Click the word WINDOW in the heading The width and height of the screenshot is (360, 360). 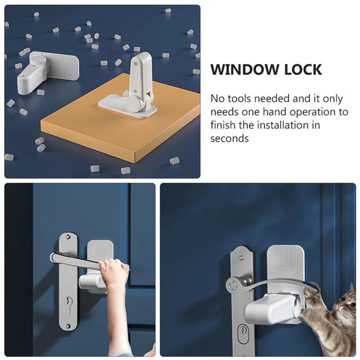pyautogui.click(x=245, y=70)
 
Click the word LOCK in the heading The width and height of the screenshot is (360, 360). pyautogui.click(x=303, y=70)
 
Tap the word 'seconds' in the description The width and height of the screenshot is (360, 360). pyautogui.click(x=229, y=139)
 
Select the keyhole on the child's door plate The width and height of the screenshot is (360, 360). pyautogui.click(x=68, y=302)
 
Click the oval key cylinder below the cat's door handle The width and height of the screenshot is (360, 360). pyautogui.click(x=243, y=331)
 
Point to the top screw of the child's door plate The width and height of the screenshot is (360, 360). pyautogui.click(x=68, y=237)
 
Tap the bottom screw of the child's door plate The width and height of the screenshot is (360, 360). pyautogui.click(x=68, y=326)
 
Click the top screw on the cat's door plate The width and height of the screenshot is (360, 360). pyautogui.click(x=241, y=258)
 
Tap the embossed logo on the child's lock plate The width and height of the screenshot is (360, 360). pyautogui.click(x=100, y=251)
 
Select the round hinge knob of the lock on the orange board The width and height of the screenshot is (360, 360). pyautogui.click(x=133, y=104)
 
